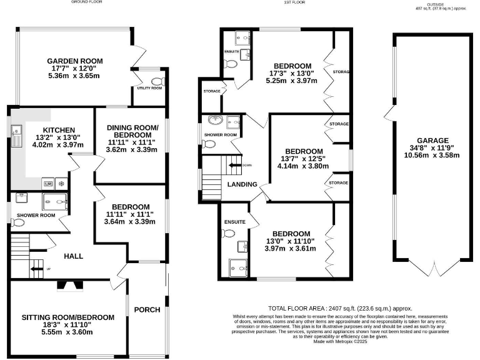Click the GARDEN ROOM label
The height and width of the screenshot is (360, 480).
pos(74,61)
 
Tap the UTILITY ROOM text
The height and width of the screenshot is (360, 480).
pos(149,88)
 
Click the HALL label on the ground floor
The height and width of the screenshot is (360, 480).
pos(73,256)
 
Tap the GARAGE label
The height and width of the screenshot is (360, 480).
pos(429,141)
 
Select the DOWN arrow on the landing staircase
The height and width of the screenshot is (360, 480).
pos(235,165)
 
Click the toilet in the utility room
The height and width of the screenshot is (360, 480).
pos(156,81)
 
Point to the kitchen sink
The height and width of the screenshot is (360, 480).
pos(14,131)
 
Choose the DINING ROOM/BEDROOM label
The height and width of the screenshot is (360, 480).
pos(132,131)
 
